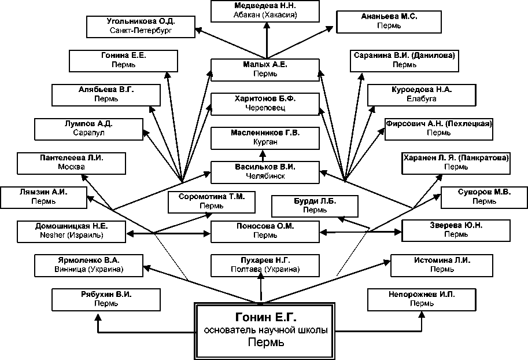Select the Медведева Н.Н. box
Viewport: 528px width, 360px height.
267,10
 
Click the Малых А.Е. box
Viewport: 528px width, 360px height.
265,69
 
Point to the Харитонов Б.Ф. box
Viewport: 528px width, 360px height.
265,103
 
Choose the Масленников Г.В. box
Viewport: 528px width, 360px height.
265,137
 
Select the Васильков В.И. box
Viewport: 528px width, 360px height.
265,171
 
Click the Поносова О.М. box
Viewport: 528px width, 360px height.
265,232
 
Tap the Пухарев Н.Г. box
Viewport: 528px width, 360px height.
265,265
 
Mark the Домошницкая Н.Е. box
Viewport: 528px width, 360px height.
71,232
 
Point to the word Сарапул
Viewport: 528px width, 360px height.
88,133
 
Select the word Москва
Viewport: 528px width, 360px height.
72,167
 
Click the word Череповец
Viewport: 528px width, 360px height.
265,108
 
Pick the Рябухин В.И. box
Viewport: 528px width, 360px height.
106,299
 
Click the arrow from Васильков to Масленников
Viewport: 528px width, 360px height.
262,155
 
